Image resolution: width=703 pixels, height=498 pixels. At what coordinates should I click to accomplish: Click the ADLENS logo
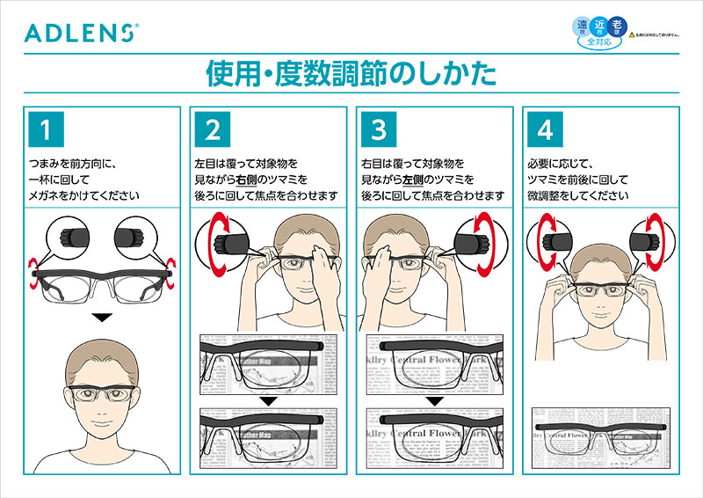(80, 33)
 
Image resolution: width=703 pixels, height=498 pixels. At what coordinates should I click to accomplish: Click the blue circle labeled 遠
(581, 26)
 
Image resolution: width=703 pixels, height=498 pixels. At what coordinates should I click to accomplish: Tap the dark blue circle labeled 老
(617, 26)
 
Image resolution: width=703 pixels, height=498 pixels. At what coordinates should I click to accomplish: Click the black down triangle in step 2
(269, 400)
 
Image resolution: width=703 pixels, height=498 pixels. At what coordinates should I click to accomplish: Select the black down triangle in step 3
(435, 400)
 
